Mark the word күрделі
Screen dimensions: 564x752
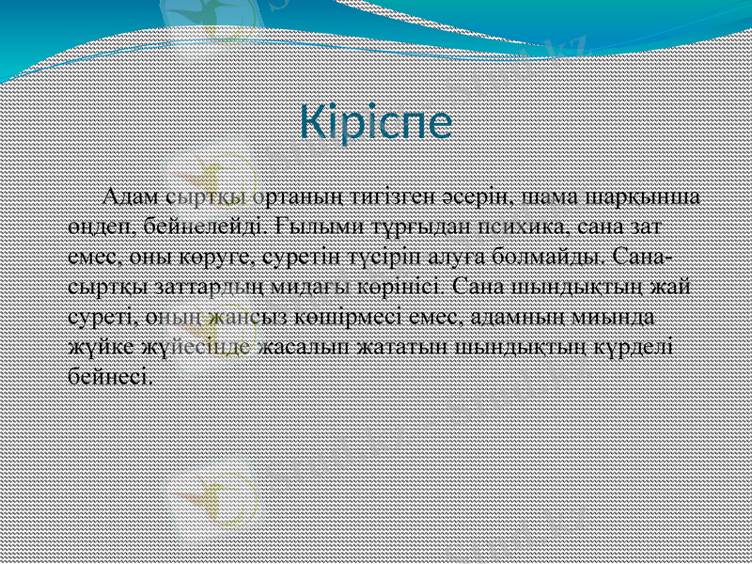634,345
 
